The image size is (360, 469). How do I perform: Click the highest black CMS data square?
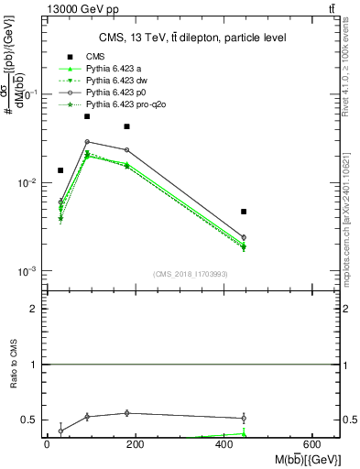pyautogui.click(x=87, y=116)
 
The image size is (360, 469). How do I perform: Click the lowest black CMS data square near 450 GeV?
pyautogui.click(x=244, y=212)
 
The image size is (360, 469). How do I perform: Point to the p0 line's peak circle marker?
pyautogui.click(x=87, y=142)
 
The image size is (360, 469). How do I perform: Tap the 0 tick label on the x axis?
pyautogui.click(x=47, y=444)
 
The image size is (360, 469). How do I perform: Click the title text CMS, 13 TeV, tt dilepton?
pyautogui.click(x=180, y=38)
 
